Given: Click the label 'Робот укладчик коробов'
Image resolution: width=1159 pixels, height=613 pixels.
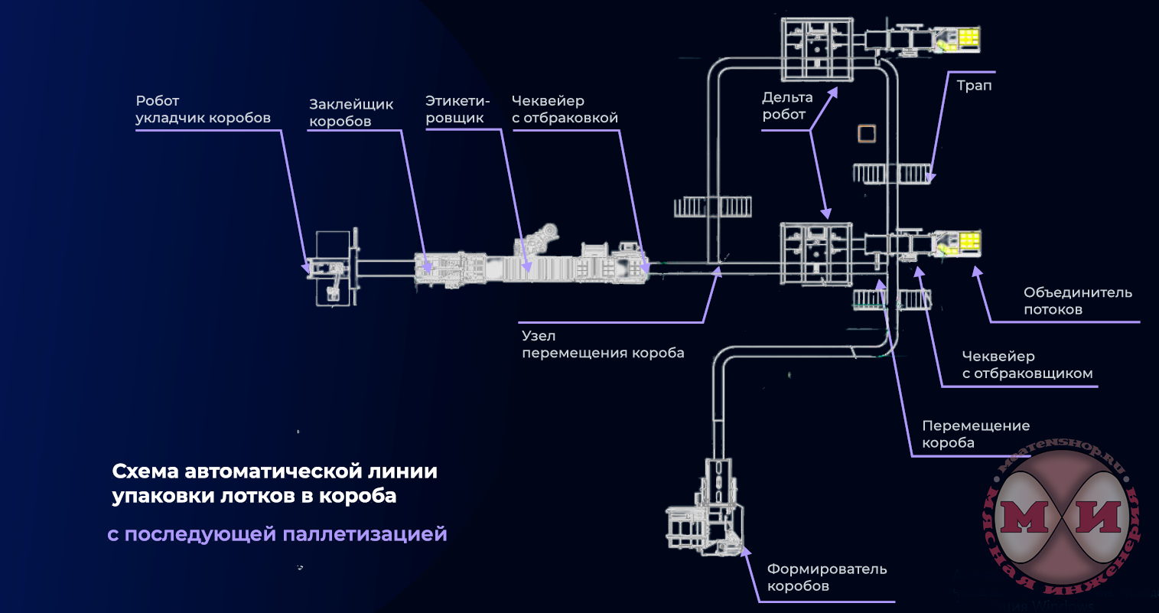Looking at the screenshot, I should [x=203, y=109].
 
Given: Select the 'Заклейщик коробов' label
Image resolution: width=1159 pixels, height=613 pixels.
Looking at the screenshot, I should [x=351, y=112].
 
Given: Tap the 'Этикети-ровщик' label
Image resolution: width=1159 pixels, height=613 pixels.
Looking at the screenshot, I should [x=457, y=109].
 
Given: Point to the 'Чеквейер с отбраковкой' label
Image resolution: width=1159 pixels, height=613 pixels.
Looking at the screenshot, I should [x=565, y=109].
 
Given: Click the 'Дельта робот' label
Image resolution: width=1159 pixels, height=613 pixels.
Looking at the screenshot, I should [x=787, y=106].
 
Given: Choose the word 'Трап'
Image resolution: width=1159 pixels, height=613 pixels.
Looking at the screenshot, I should [x=974, y=85].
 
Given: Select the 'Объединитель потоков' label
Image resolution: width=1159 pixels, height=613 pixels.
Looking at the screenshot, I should [x=1077, y=301].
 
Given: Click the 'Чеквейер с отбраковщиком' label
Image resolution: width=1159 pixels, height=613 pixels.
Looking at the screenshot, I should [x=1027, y=365].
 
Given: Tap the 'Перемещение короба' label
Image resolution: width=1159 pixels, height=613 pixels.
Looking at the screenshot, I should [x=975, y=434].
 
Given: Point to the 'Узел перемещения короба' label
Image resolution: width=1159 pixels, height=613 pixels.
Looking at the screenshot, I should [x=602, y=344].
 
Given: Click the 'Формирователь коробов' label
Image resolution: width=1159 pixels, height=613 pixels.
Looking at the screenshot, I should [x=826, y=577].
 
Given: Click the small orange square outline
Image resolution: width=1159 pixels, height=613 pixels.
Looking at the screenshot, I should [x=866, y=134].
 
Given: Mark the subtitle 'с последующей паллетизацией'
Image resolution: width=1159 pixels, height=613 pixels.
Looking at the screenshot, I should [x=277, y=533].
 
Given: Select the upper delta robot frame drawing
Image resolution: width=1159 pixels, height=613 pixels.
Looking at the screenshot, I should [x=816, y=49].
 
